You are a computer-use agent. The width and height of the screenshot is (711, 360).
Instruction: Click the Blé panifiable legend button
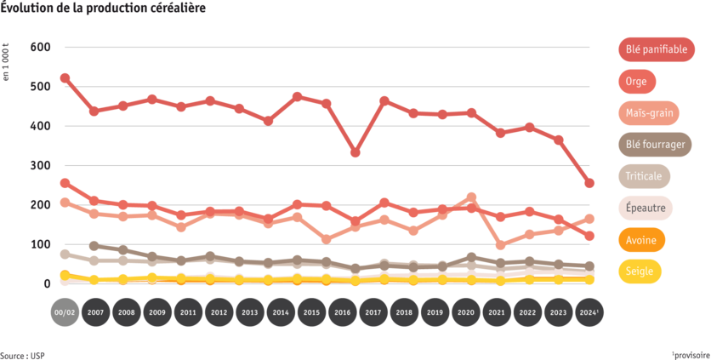point(657,49)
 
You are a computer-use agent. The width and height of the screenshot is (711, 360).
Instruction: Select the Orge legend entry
point(636,82)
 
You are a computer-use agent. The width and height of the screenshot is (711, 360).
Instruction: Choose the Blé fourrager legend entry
point(655,145)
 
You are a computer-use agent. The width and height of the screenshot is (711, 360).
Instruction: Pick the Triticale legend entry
point(644,176)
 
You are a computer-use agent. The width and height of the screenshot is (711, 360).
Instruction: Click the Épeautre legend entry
point(645,209)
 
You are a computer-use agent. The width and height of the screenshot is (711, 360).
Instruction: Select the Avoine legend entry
point(640,240)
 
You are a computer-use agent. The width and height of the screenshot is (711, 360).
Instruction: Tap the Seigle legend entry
point(638,271)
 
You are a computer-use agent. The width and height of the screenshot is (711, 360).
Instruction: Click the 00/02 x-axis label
point(65,312)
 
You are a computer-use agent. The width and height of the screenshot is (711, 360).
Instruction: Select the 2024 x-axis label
point(589,312)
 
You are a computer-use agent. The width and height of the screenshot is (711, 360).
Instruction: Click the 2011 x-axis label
point(188,312)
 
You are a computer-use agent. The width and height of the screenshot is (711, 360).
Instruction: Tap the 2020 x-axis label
point(466,312)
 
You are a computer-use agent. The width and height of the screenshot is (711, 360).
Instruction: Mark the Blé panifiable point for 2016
point(355,153)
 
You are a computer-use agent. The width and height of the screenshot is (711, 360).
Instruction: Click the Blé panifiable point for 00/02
point(65,78)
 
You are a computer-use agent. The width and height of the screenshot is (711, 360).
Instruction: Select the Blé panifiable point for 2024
point(589,183)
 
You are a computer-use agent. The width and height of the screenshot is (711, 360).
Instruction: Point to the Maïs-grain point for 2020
point(472,197)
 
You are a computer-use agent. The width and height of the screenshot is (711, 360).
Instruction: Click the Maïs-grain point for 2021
point(500,246)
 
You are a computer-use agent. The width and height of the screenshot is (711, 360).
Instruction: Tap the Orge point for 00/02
point(65,183)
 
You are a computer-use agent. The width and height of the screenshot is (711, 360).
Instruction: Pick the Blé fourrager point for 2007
point(95,246)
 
